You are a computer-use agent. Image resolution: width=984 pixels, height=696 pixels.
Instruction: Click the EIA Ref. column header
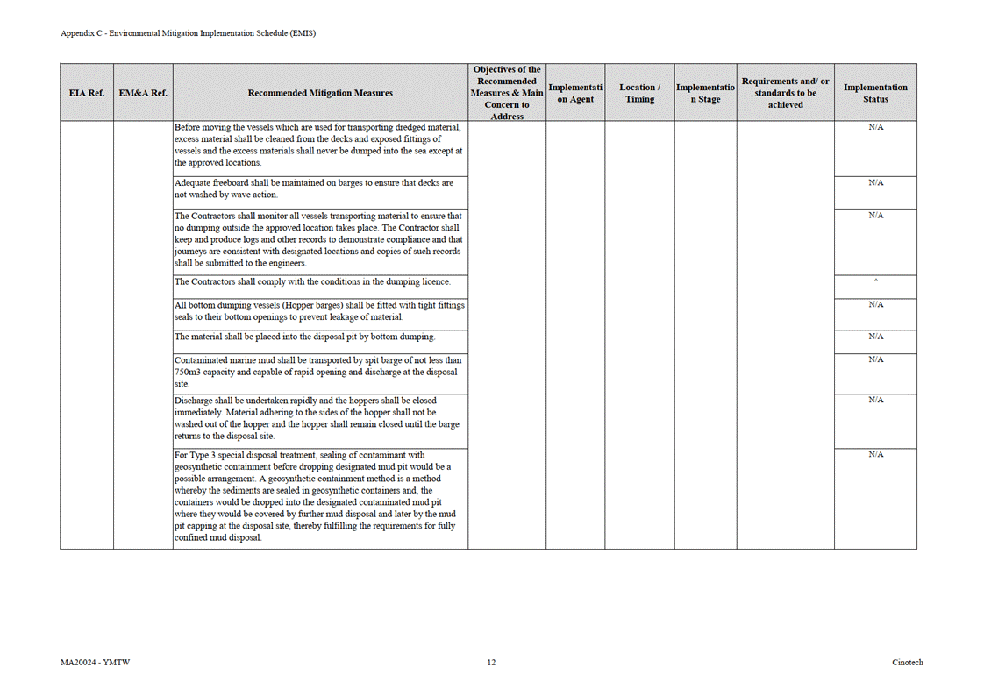click(x=86, y=93)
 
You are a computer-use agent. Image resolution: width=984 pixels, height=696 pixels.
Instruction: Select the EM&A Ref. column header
click(x=143, y=93)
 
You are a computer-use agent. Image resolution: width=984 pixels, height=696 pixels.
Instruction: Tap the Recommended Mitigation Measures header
click(x=320, y=93)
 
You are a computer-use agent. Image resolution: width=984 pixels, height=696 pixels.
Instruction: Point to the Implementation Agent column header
click(x=575, y=93)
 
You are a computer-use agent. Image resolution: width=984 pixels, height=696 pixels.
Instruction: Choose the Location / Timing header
click(x=639, y=93)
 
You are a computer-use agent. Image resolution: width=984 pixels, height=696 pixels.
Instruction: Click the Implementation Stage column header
click(x=705, y=93)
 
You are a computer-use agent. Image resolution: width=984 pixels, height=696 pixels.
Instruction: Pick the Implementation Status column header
click(x=875, y=93)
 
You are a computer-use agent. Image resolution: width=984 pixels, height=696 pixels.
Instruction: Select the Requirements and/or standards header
click(x=785, y=93)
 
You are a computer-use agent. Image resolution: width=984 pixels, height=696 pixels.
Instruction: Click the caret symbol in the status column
click(x=875, y=281)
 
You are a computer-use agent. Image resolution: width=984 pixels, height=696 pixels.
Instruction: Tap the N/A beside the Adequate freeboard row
click(x=875, y=183)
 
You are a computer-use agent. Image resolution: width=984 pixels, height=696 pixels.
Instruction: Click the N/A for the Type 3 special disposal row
click(x=875, y=455)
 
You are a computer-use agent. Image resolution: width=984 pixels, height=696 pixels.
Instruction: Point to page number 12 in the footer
click(x=491, y=663)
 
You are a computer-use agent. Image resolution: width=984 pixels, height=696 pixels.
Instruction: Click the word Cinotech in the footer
click(x=908, y=663)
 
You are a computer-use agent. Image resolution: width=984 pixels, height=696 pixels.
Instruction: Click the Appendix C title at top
click(x=188, y=33)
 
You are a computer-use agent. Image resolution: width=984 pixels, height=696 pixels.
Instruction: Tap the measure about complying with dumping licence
click(x=312, y=281)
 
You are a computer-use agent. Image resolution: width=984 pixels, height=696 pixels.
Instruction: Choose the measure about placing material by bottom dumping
click(x=304, y=337)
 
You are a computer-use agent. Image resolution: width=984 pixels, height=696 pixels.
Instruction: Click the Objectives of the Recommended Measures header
click(x=507, y=93)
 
